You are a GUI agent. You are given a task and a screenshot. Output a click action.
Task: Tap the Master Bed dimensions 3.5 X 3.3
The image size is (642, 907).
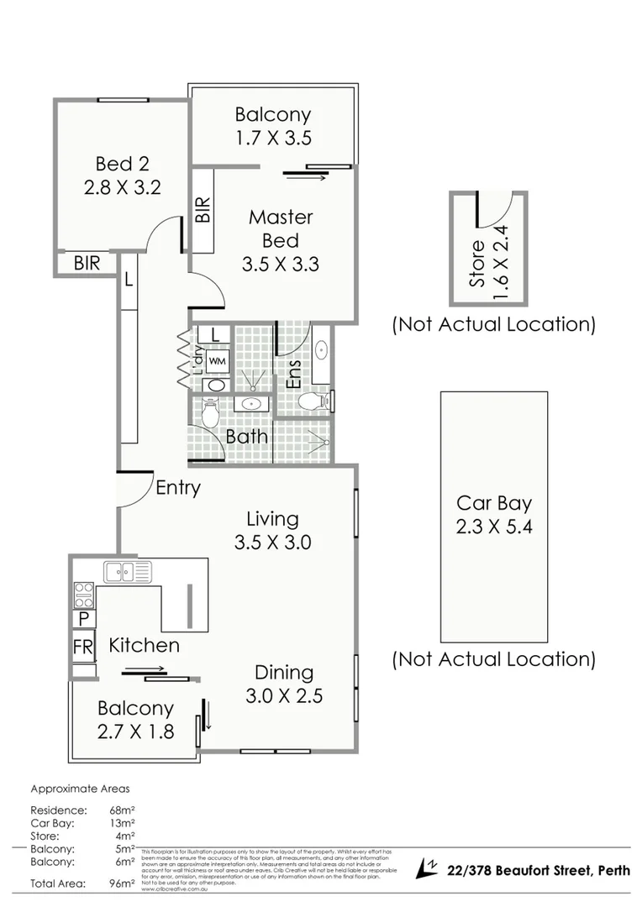pyautogui.click(x=280, y=264)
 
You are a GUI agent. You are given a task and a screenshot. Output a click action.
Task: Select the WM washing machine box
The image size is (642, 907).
pyautogui.click(x=217, y=359)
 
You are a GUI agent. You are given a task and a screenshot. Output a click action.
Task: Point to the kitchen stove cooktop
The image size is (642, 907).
pyautogui.click(x=83, y=595)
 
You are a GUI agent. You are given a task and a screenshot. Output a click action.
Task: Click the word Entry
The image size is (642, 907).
pyautogui.click(x=177, y=487)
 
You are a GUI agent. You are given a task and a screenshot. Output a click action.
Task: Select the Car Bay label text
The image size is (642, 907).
pyautogui.click(x=493, y=503)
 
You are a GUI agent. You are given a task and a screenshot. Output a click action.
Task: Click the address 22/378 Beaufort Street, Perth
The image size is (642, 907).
pyautogui.click(x=539, y=869)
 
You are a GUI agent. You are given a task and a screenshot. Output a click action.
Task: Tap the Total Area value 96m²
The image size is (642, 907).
pyautogui.click(x=123, y=883)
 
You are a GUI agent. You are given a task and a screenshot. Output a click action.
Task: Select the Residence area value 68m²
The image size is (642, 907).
pyautogui.click(x=123, y=810)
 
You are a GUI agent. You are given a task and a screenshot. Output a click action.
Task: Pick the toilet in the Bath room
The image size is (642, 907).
pyautogui.click(x=210, y=412)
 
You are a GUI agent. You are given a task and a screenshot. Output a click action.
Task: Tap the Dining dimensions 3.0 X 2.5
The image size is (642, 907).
pyautogui.click(x=284, y=695)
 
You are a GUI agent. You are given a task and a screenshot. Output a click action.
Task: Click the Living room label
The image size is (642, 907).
pyautogui.click(x=272, y=519)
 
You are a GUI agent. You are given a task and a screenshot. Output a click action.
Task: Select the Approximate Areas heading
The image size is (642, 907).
pyautogui.click(x=80, y=789)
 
